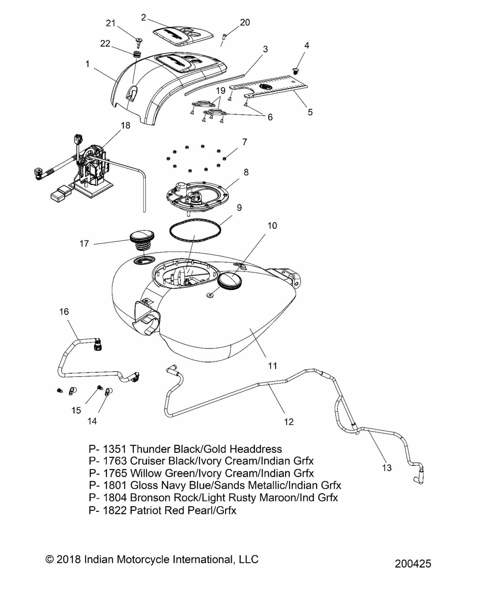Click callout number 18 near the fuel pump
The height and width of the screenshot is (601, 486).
point(126,125)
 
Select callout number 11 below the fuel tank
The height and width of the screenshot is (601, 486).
point(272,365)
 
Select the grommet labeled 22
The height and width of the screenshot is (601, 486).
point(138,54)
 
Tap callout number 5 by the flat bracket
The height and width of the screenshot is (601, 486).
point(310,112)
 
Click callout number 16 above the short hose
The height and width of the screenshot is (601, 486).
point(64,311)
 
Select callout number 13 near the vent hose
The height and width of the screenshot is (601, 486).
point(387,468)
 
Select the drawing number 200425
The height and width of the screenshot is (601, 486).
point(413,564)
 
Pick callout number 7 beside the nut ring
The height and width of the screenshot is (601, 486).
point(245,142)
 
